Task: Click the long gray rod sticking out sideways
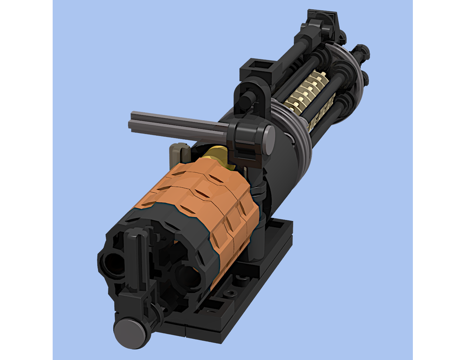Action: pyautogui.click(x=177, y=125)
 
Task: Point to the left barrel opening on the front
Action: pyautogui.click(x=112, y=264)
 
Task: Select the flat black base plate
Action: pyautogui.click(x=261, y=261)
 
